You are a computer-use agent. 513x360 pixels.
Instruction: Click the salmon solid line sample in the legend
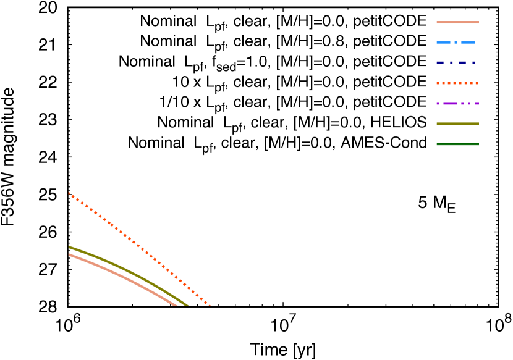pyautogui.click(x=457, y=22)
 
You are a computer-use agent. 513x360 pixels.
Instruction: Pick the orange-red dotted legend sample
pyautogui.click(x=457, y=83)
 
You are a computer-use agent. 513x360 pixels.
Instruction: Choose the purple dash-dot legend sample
pyautogui.click(x=457, y=103)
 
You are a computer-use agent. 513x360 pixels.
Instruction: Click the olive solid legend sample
pyautogui.click(x=457, y=123)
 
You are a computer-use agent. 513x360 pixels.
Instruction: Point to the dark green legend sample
pyautogui.click(x=457, y=144)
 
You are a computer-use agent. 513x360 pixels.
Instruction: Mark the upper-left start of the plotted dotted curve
pyautogui.click(x=69, y=193)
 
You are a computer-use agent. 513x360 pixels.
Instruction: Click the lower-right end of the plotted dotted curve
pyautogui.click(x=210, y=304)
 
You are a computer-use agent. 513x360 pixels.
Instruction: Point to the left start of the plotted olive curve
pyautogui.click(x=69, y=247)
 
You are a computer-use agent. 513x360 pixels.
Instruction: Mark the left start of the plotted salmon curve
pyautogui.click(x=69, y=254)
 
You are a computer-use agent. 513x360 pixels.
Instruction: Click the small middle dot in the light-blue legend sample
pyautogui.click(x=456, y=43)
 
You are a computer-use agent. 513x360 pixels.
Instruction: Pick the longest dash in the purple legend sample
pyautogui.click(x=450, y=103)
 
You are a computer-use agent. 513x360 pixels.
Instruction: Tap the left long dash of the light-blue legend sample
pyautogui.click(x=443, y=43)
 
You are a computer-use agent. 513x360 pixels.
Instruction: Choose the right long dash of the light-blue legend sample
pyautogui.click(x=468, y=43)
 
